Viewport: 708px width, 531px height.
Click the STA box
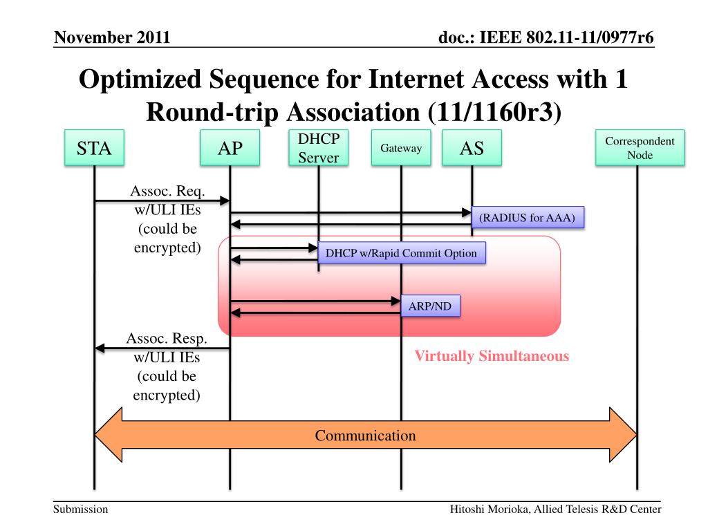(x=94, y=148)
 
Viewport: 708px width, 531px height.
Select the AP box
(x=230, y=148)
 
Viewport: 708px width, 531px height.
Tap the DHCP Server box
(x=318, y=148)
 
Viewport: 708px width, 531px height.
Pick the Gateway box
(x=401, y=148)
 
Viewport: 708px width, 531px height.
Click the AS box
(x=472, y=148)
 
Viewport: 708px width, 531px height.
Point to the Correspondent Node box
(x=640, y=148)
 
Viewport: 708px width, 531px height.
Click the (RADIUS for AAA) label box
(x=528, y=217)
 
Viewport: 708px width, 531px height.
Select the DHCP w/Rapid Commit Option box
(x=402, y=252)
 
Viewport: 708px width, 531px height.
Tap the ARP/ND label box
(x=430, y=306)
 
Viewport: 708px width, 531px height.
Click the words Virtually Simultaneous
(x=492, y=356)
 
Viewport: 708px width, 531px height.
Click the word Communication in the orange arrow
(x=365, y=436)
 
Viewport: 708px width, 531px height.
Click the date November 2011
(x=112, y=37)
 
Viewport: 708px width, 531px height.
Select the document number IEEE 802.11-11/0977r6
(x=567, y=37)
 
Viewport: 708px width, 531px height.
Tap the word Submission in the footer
(x=81, y=510)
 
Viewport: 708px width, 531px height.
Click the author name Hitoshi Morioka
(x=490, y=510)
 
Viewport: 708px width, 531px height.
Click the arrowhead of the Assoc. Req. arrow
(x=225, y=201)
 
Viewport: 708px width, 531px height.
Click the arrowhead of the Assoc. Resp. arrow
(x=100, y=348)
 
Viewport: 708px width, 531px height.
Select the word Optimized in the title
(x=140, y=80)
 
